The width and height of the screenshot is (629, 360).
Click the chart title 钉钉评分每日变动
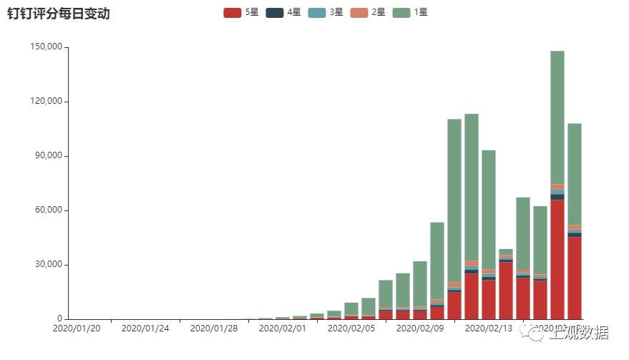(x=59, y=14)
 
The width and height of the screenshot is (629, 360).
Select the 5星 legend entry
(x=241, y=12)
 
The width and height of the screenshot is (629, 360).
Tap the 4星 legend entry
(x=283, y=12)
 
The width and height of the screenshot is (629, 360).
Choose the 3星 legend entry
(x=326, y=12)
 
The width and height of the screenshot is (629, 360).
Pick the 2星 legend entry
(x=368, y=12)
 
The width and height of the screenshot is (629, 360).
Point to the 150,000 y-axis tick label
(x=44, y=47)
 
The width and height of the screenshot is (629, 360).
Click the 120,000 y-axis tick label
(x=44, y=102)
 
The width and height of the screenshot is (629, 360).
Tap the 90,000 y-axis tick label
(x=47, y=156)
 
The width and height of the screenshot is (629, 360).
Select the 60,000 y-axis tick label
(x=47, y=210)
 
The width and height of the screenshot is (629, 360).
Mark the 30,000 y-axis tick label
(x=47, y=265)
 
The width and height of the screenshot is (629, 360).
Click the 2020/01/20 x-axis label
(x=77, y=329)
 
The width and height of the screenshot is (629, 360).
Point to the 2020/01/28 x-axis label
(x=213, y=329)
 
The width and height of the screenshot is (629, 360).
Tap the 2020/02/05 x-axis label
(x=351, y=329)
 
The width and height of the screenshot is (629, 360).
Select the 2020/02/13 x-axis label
(x=488, y=329)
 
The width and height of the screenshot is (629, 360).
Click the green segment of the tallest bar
(x=557, y=115)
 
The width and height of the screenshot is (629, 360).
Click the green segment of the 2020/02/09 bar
(x=420, y=283)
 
